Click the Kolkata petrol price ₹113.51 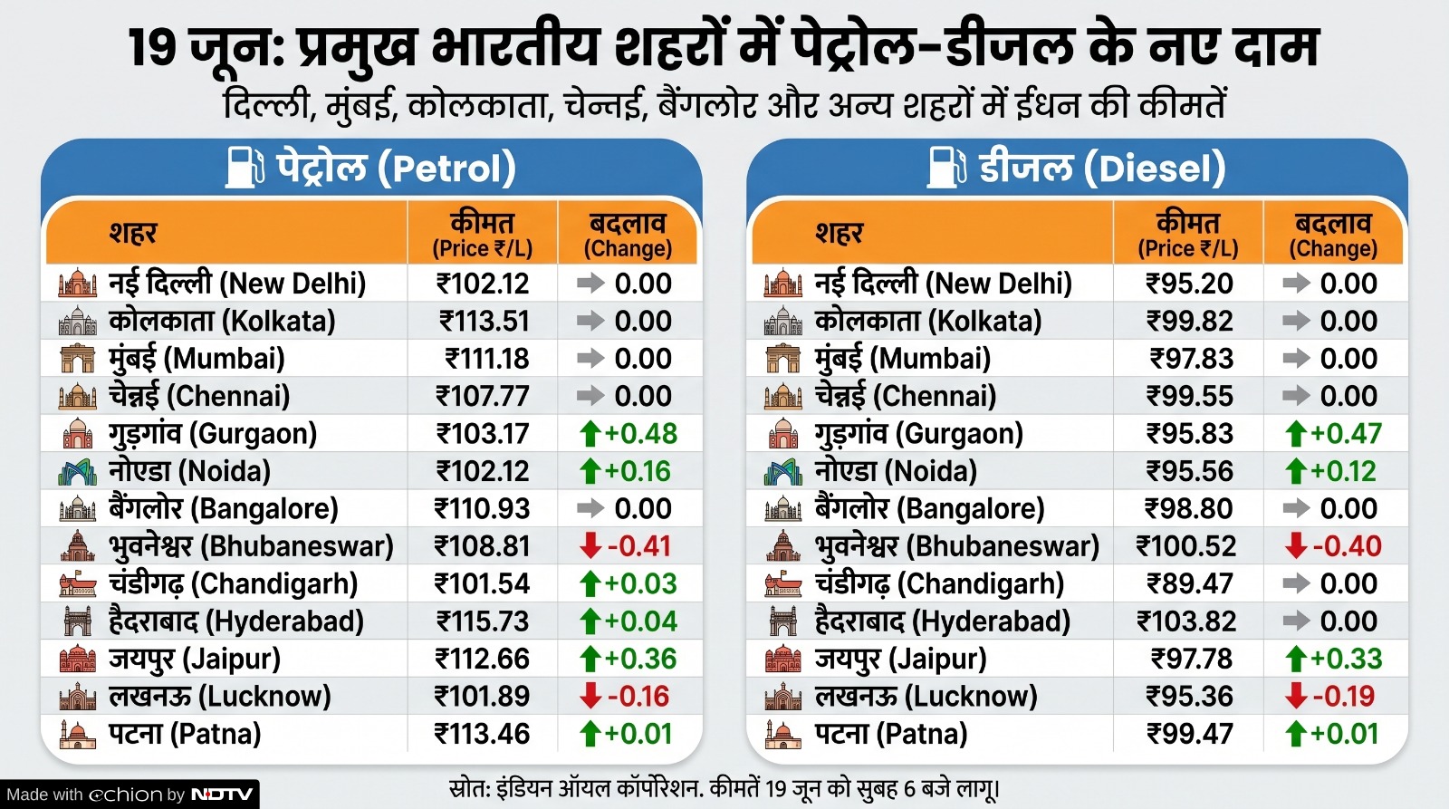point(484,321)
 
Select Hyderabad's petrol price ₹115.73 point(483,621)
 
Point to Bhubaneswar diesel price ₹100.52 point(1186,546)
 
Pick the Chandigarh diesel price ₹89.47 point(1190,583)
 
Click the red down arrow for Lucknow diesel point(1296,696)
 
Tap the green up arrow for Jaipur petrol point(590,659)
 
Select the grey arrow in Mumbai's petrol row point(590,359)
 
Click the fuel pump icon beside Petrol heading point(245,168)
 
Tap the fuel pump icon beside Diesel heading point(947,168)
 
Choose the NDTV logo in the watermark point(222,795)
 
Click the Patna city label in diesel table point(890,734)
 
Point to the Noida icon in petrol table point(77,472)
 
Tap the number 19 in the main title point(153,49)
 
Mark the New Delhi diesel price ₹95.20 point(1189,284)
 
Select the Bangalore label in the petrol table point(224,509)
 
